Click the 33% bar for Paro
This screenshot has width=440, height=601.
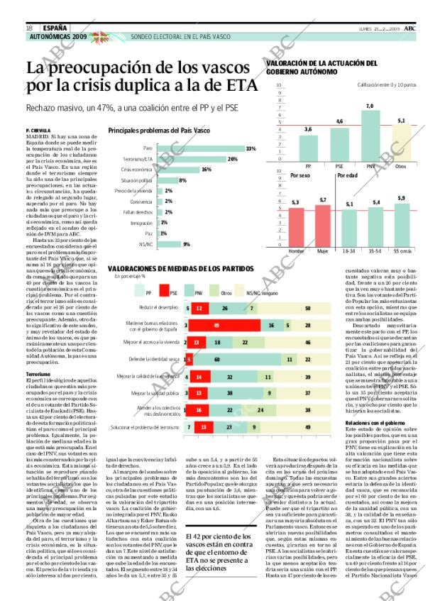point(199,148)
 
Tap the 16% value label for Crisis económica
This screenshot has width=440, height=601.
point(207,170)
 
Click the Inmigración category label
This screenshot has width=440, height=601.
point(142,223)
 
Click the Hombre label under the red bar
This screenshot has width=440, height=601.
point(297,251)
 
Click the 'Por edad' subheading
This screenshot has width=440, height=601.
point(347,175)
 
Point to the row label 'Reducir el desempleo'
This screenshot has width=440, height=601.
point(157,308)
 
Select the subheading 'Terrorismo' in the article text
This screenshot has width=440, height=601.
point(38,373)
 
